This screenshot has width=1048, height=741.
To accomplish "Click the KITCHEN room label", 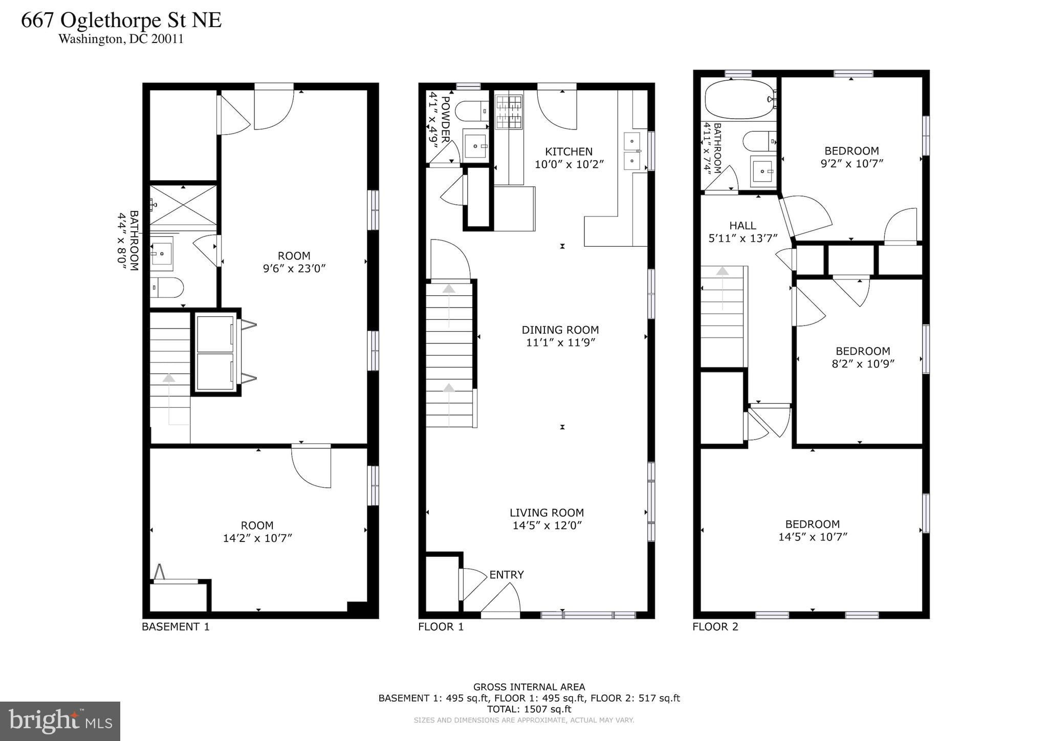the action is (x=569, y=151).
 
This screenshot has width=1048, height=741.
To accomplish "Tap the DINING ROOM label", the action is (x=560, y=330).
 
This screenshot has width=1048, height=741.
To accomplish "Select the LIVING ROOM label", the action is (x=547, y=513).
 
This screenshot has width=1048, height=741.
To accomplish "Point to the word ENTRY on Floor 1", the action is (x=507, y=575).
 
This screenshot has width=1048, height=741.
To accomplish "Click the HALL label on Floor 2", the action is (x=743, y=226).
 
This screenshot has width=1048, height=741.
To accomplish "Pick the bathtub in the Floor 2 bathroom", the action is (x=739, y=99).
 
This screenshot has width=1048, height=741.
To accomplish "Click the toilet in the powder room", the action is (x=471, y=111).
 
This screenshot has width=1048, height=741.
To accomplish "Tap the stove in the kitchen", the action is (x=509, y=112).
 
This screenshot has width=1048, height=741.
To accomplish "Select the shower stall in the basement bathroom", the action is (x=183, y=205).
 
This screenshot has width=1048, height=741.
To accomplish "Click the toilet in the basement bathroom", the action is (x=167, y=288).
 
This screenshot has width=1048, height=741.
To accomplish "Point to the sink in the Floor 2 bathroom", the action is (x=763, y=171).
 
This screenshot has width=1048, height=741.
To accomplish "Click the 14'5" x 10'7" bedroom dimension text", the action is (x=813, y=537).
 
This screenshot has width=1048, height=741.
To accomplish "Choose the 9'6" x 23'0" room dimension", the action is (x=294, y=269).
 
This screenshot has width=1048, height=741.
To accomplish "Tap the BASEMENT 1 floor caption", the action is (x=176, y=627).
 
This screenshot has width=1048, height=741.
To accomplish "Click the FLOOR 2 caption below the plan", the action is (x=715, y=627).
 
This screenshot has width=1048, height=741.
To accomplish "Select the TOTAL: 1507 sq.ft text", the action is (x=529, y=709).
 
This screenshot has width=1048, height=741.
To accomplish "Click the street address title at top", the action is (x=121, y=20).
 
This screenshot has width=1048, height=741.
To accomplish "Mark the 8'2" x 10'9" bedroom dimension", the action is (x=863, y=364).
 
